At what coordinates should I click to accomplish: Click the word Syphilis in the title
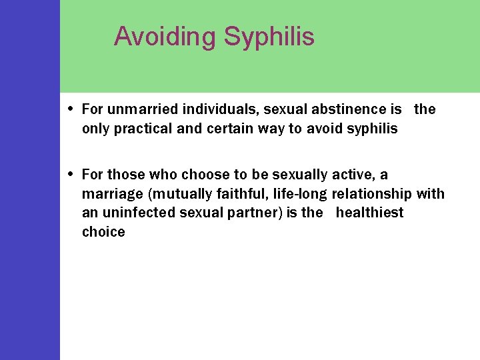click(x=269, y=37)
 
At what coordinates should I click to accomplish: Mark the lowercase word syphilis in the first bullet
click(x=372, y=129)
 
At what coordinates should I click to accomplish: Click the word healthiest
click(x=369, y=213)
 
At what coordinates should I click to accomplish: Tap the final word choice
click(x=103, y=232)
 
